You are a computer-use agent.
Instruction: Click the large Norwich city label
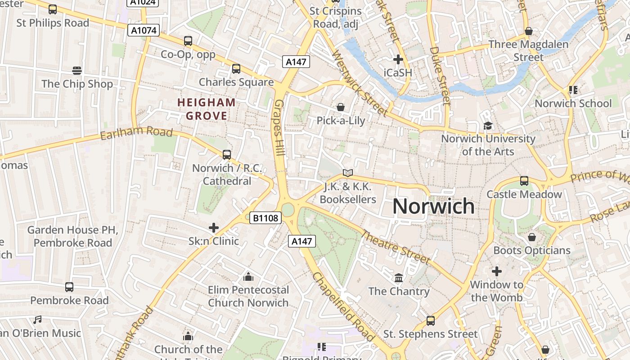(433, 206)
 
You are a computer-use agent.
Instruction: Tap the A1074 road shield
(144, 30)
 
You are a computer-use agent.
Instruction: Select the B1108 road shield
(265, 218)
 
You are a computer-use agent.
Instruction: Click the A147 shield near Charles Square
(296, 62)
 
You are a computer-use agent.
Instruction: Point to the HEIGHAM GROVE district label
(207, 109)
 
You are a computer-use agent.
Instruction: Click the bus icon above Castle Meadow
(524, 181)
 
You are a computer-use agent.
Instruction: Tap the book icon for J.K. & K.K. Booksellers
(347, 173)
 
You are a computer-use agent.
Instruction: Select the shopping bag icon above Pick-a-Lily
(341, 107)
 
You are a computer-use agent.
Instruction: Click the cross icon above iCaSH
(398, 59)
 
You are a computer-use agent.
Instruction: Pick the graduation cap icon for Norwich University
(488, 126)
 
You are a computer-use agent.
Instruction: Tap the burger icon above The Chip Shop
(77, 71)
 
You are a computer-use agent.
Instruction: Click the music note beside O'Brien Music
(37, 320)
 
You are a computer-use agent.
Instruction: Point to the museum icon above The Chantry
(399, 278)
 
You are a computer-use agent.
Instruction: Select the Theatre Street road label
(396, 247)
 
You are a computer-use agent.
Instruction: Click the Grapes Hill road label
(279, 128)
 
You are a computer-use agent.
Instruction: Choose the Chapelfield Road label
(343, 306)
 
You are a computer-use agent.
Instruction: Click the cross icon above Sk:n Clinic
(214, 228)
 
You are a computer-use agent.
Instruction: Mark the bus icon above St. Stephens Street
(431, 321)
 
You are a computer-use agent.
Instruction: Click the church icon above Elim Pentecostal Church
(248, 276)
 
